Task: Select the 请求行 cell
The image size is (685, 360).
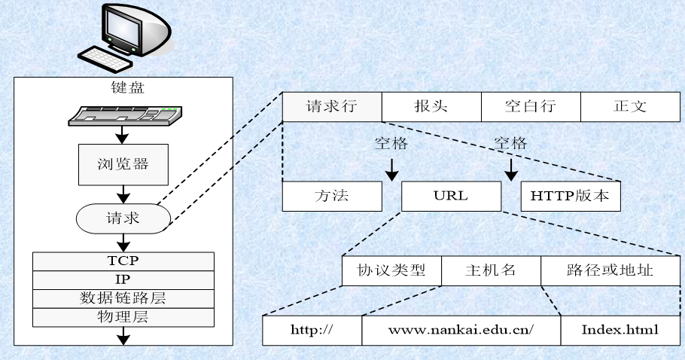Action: [331, 105]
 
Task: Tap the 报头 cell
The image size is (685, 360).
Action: [431, 105]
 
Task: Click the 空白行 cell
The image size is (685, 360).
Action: [530, 105]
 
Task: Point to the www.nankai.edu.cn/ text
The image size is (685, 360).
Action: [461, 330]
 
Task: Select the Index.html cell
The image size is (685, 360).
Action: [620, 330]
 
